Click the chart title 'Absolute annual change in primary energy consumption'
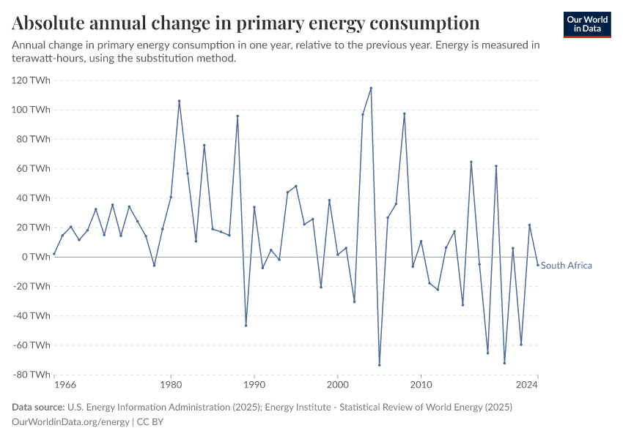246,23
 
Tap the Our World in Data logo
587,24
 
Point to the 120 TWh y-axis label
31,80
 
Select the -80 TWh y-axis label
30,375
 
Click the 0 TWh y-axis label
35,257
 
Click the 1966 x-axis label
54,384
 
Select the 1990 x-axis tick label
254,384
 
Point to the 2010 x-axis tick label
421,384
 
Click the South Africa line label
566,266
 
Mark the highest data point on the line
371,88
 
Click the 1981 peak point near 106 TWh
179,101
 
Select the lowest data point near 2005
379,365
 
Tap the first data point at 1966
54,254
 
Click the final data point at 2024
537,265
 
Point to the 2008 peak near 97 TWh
404,113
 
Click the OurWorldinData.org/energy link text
71,421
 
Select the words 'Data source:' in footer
38,407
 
